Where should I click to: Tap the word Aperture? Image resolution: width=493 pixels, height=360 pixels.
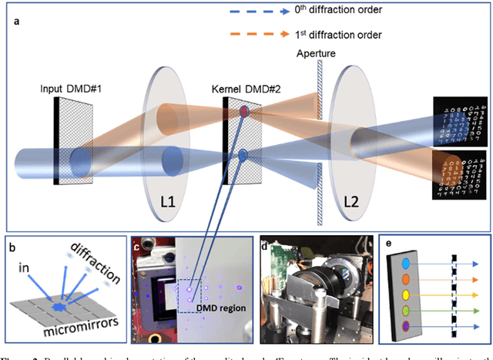[316, 56]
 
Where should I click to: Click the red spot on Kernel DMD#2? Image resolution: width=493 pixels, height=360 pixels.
[244, 113]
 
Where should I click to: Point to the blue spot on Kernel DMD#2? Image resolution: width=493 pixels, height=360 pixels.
[243, 156]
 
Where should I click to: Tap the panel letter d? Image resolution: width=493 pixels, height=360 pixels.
[265, 247]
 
